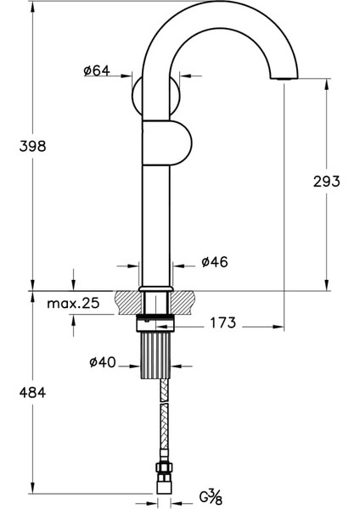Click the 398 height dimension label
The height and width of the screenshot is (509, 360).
coord(33,146)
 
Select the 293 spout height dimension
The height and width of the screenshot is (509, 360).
coord(326,181)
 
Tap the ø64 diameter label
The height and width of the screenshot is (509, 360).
coord(97,71)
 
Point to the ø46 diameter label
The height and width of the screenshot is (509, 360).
coord(214,262)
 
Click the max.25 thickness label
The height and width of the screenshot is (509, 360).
coord(73,303)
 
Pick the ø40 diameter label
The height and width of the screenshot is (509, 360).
coord(102,363)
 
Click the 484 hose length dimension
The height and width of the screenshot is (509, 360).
coord(31,393)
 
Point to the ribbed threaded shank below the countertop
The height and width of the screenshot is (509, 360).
coord(155,351)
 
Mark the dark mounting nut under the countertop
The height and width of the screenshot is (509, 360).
coord(155,322)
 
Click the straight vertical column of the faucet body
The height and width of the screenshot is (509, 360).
coord(156,221)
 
